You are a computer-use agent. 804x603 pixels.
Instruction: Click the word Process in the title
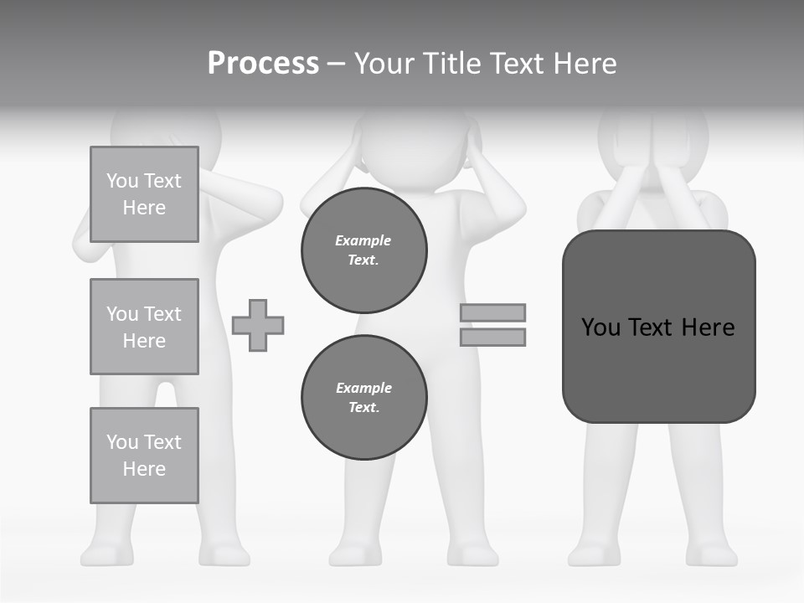point(263,64)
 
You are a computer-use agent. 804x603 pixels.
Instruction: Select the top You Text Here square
point(144,194)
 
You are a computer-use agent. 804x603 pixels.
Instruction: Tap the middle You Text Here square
point(144,327)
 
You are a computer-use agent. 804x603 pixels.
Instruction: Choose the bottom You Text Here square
point(144,456)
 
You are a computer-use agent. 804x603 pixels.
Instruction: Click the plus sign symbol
point(258,326)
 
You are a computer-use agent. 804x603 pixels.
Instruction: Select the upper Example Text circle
point(364,250)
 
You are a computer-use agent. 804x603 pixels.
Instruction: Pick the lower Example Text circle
point(364,398)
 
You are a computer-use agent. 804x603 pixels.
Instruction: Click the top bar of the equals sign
point(493,312)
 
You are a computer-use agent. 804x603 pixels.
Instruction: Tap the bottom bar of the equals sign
point(493,338)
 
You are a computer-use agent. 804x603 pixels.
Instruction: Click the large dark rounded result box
point(659,327)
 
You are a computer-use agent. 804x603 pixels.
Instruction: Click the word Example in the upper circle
point(363,240)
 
